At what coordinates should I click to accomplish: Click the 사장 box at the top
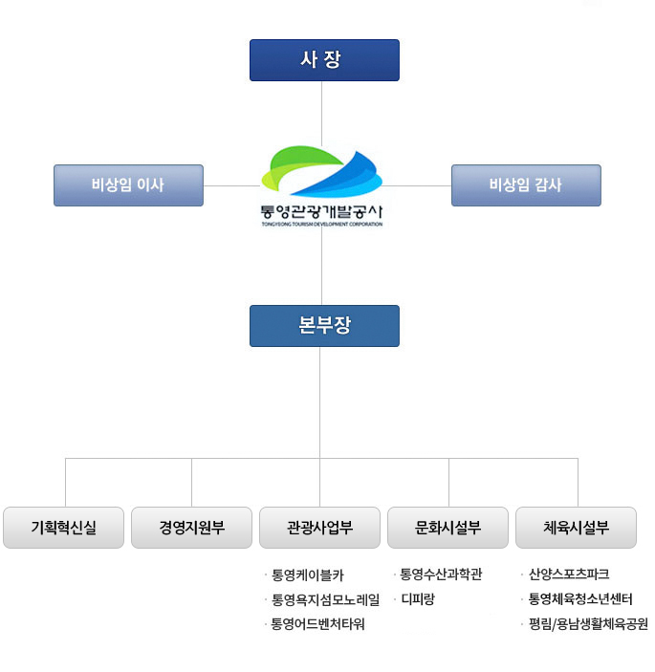(324, 60)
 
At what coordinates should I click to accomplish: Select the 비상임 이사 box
(128, 185)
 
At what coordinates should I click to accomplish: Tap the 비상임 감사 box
(526, 185)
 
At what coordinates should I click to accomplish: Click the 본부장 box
(324, 325)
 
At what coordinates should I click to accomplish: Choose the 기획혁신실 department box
(64, 527)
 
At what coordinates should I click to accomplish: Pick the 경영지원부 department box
(192, 527)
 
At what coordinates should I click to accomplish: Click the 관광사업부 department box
(320, 527)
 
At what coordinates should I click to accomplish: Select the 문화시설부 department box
(448, 527)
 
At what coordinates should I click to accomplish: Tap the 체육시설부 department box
(577, 527)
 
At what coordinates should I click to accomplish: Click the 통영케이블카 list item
(307, 575)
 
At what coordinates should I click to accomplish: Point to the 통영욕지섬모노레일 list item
(325, 600)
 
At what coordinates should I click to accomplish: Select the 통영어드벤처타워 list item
(318, 625)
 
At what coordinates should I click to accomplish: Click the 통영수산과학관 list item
(441, 574)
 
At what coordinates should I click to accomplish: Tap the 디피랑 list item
(418, 600)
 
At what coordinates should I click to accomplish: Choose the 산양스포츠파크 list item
(568, 574)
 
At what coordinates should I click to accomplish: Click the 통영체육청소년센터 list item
(580, 600)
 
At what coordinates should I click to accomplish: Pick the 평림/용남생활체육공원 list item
(587, 625)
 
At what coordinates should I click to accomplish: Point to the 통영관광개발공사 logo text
(321, 210)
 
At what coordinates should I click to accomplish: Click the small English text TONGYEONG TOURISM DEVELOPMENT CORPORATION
(321, 225)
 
